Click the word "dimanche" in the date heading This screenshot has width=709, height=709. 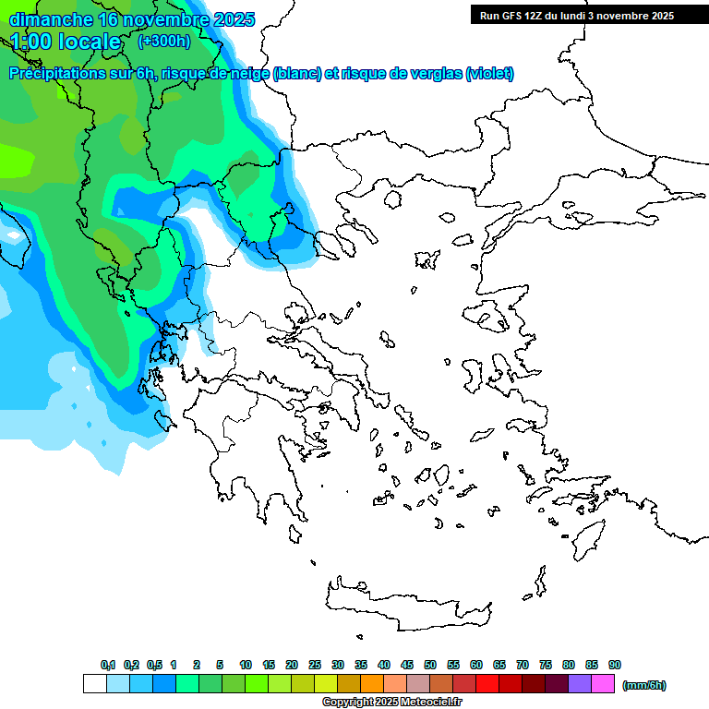pos(51,19)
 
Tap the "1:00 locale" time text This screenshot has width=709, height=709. pos(66,42)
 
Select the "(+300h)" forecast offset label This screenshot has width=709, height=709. pos(163,42)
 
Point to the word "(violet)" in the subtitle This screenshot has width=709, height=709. pos(489,74)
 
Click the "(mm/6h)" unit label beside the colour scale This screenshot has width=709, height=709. pos(643,685)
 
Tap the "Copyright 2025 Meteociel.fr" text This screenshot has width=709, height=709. pos(392,703)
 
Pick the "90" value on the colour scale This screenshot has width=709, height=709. pos(615,666)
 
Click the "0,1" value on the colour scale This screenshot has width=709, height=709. pos(107,666)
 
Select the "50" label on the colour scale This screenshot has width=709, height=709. pos(430,666)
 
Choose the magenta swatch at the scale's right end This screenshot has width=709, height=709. pos(603,684)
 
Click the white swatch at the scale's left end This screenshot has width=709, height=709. pos(94,684)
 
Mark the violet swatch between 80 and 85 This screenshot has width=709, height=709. pos(580,684)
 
